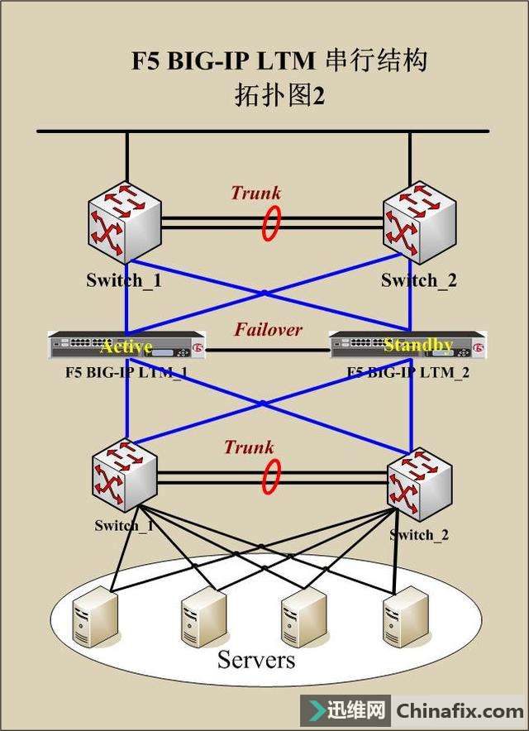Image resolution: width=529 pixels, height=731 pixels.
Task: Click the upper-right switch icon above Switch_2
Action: click(x=420, y=219)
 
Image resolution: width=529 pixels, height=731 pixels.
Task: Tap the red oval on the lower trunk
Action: click(x=270, y=477)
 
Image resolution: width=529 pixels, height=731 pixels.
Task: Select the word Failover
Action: click(x=268, y=329)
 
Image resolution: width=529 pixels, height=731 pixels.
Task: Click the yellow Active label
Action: click(x=126, y=345)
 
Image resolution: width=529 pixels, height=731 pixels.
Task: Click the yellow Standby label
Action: click(x=418, y=345)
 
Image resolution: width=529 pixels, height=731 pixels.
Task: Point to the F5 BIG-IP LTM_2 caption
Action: click(x=408, y=372)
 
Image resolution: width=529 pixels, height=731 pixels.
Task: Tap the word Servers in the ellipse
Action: click(x=255, y=660)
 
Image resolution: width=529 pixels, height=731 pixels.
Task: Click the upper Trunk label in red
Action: click(x=255, y=193)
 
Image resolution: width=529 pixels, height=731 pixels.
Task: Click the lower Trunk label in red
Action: click(x=248, y=447)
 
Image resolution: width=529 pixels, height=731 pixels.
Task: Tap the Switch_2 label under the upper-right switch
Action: click(x=418, y=280)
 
